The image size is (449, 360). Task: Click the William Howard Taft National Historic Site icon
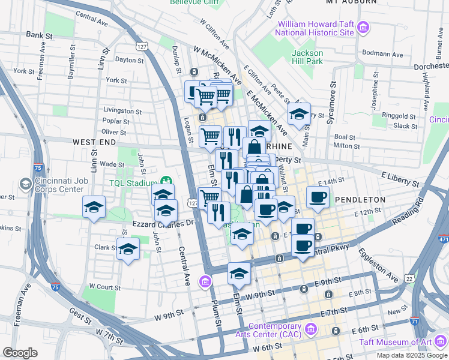363,27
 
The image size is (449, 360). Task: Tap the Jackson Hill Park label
307,57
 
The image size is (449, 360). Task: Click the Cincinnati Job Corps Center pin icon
25,182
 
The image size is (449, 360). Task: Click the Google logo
20,352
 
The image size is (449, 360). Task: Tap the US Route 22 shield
409,278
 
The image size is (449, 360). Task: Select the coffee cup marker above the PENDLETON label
318,196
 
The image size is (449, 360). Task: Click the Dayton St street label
129,60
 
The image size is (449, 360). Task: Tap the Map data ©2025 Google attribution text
411,355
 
